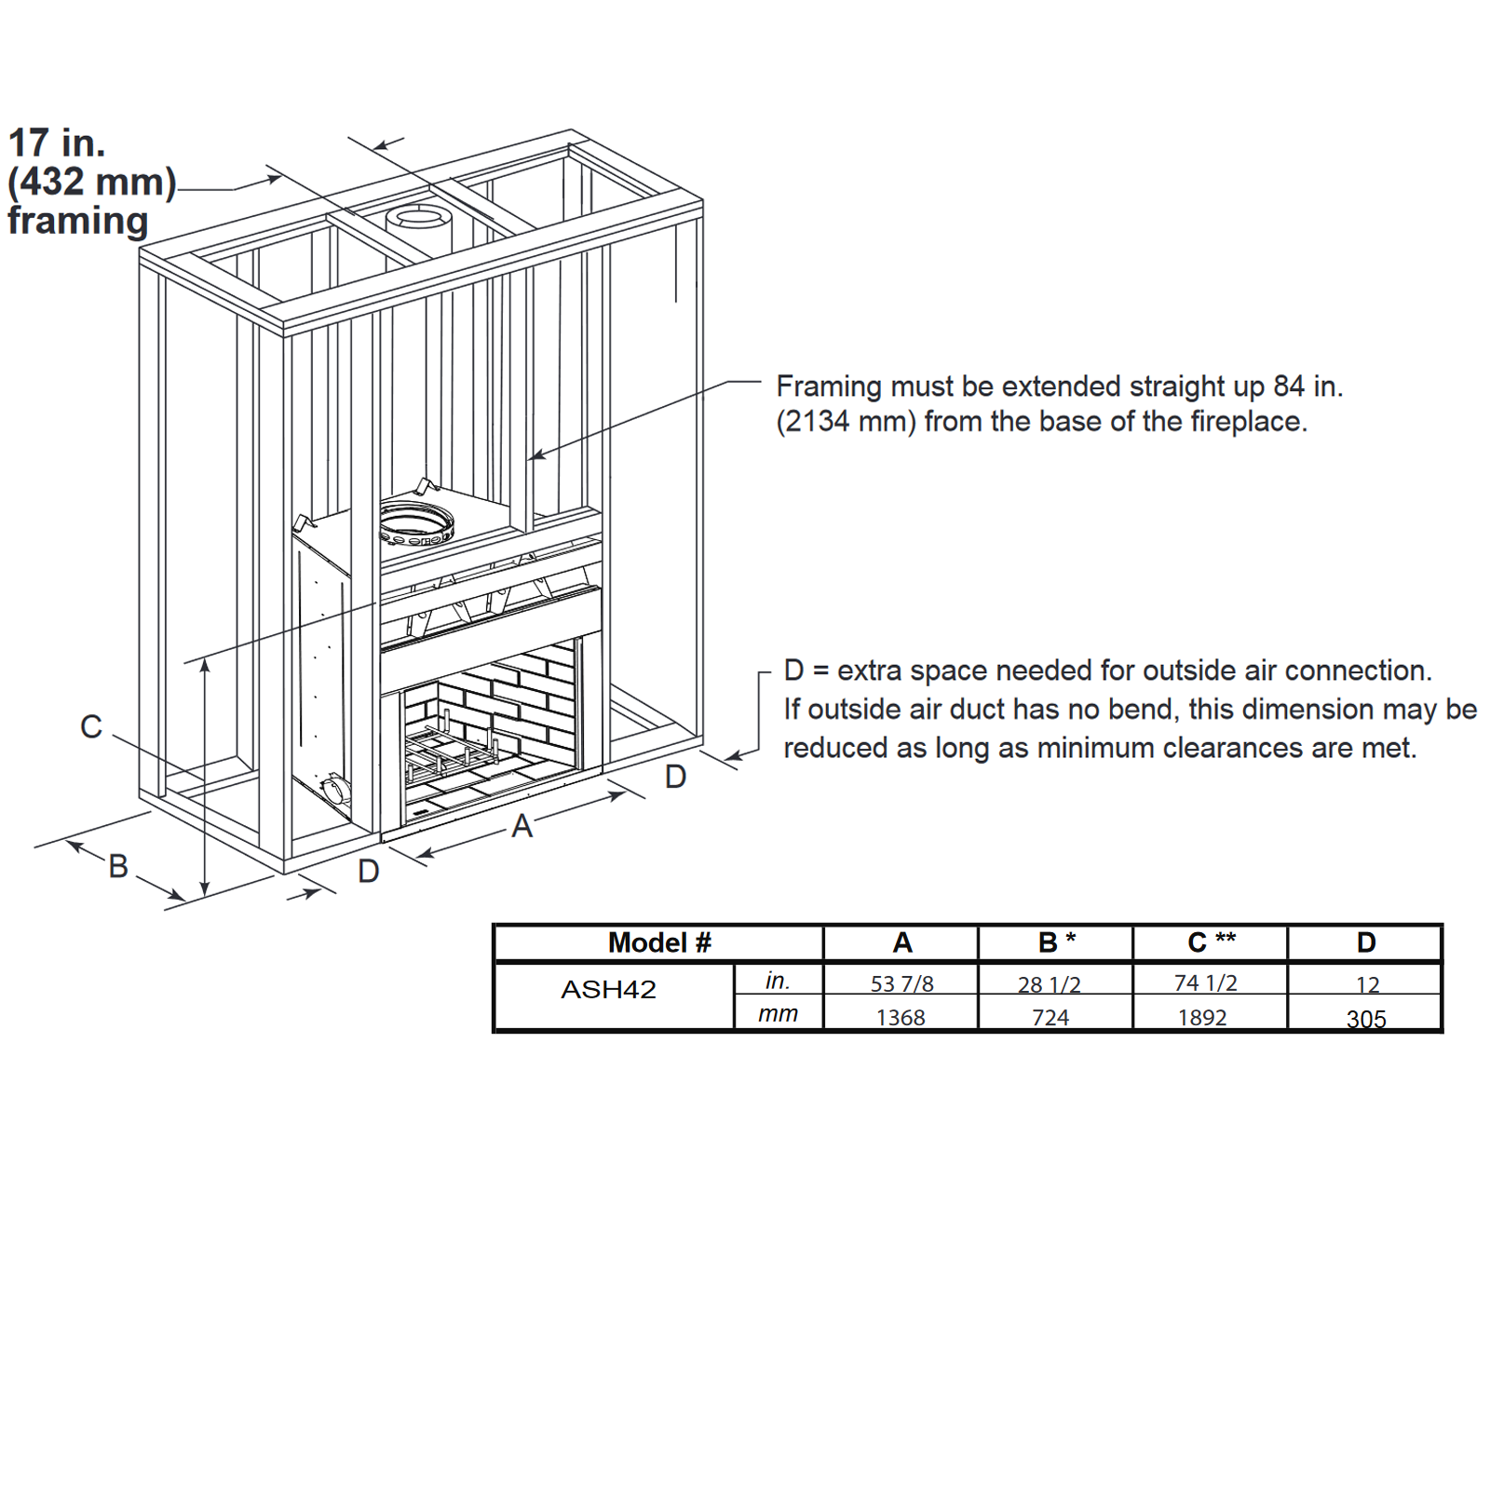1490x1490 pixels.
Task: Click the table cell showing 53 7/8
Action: (901, 983)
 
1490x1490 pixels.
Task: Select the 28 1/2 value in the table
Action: (1050, 984)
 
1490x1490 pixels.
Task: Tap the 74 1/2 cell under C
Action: (1206, 982)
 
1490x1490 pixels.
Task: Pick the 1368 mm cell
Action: (901, 1018)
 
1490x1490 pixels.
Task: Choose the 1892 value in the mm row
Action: (1202, 1018)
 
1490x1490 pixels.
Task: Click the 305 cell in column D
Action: (1366, 1019)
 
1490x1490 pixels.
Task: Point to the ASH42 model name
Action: (608, 989)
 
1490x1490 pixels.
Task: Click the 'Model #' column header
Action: (659, 942)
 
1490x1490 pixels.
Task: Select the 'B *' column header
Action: (1057, 941)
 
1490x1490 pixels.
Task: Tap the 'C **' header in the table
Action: (1212, 941)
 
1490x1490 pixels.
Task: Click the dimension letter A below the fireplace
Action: (521, 826)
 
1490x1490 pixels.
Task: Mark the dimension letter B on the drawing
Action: (118, 866)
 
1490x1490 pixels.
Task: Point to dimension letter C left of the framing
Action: (91, 726)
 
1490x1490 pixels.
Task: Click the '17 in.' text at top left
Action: (57, 142)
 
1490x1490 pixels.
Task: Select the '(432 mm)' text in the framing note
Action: (92, 182)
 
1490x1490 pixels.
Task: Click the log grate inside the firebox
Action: (453, 745)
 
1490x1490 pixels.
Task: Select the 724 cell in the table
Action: (1050, 1018)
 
